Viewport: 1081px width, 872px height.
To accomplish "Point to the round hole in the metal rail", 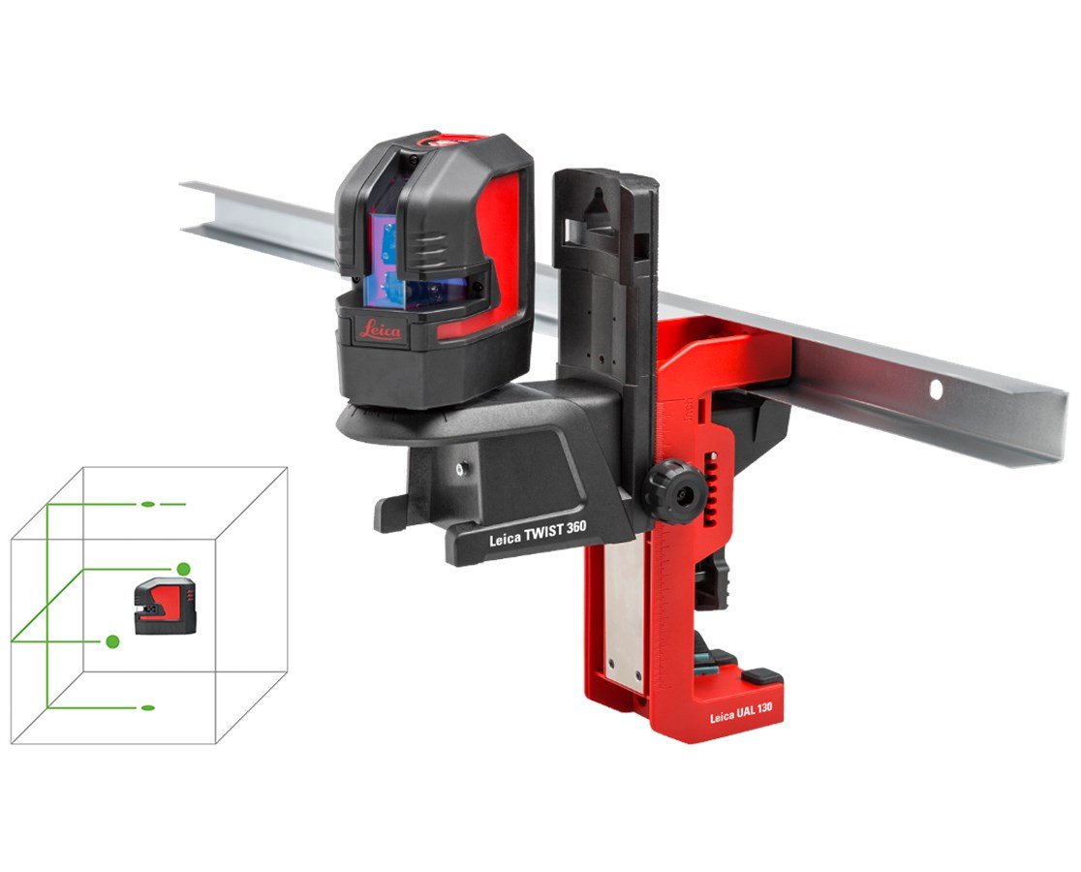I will [x=936, y=389].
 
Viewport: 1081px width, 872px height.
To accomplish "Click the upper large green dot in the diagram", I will [x=181, y=569].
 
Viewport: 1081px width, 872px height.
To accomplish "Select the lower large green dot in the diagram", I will [x=113, y=640].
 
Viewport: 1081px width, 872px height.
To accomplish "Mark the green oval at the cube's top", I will [x=148, y=505].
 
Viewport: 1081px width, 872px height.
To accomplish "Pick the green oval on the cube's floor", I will [x=148, y=708].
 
